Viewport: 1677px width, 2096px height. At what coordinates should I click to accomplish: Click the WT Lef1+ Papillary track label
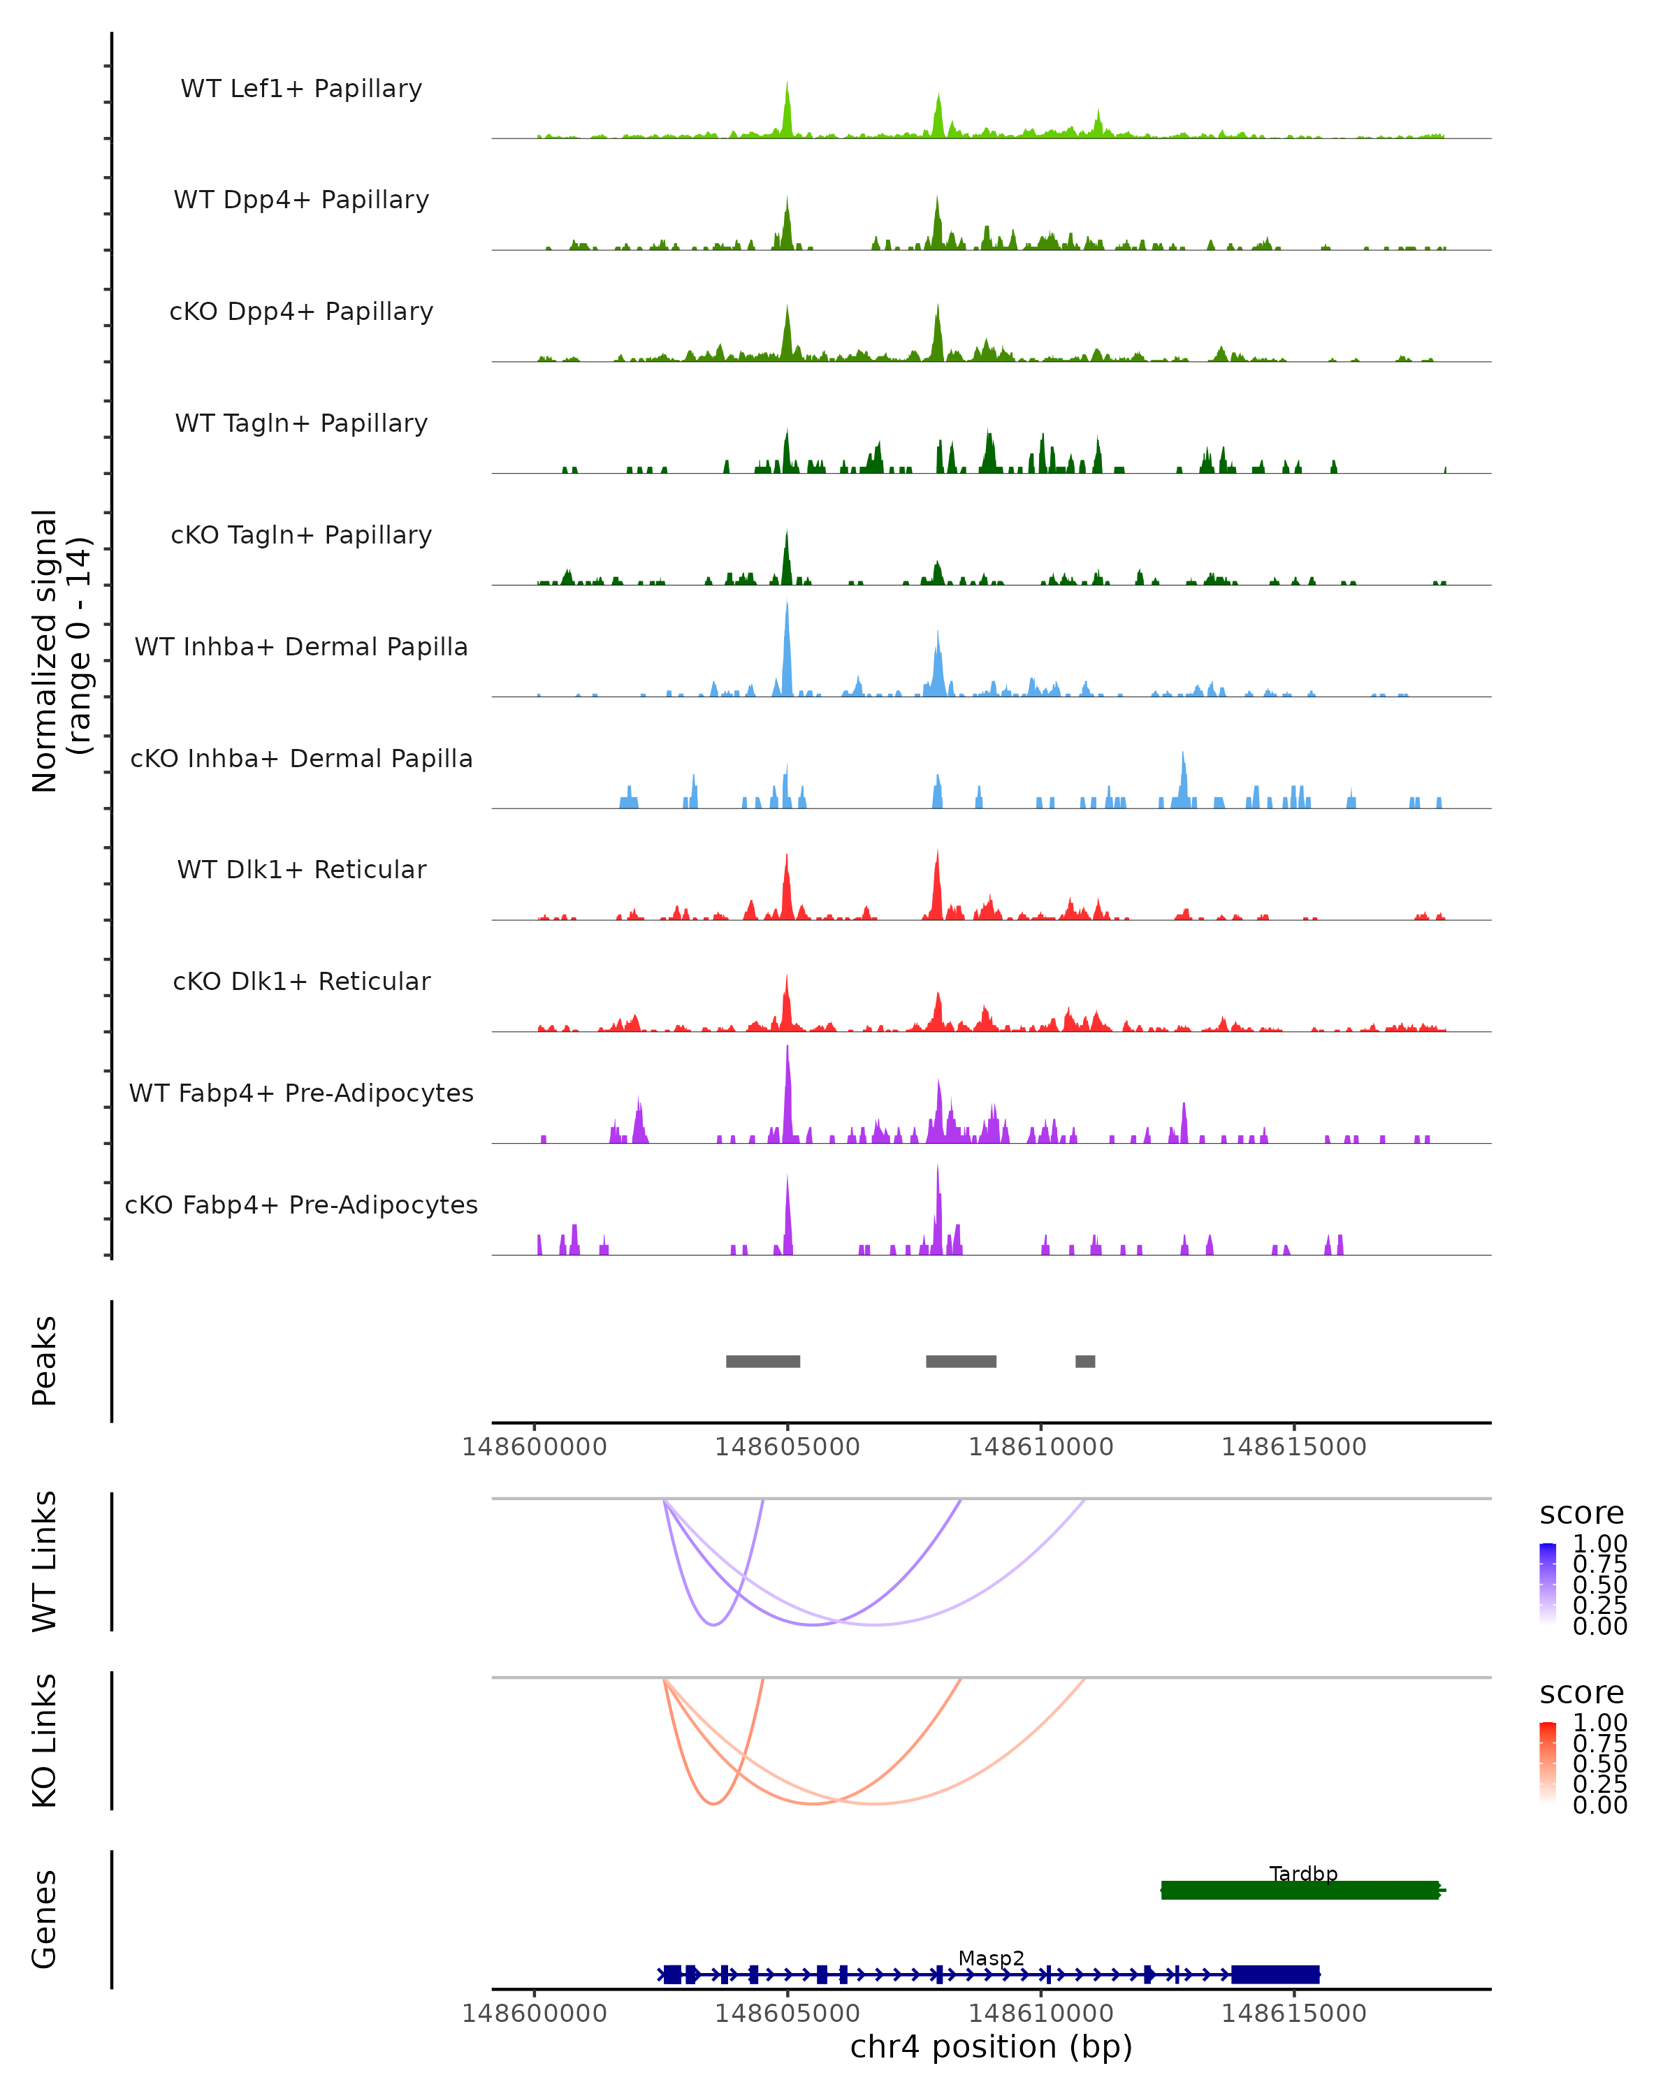pyautogui.click(x=301, y=89)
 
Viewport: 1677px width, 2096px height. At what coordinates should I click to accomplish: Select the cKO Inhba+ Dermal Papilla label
pyautogui.click(x=301, y=758)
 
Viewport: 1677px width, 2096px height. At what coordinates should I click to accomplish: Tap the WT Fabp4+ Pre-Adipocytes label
pyautogui.click(x=301, y=1093)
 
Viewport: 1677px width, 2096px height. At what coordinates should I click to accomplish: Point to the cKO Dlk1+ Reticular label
pyautogui.click(x=301, y=981)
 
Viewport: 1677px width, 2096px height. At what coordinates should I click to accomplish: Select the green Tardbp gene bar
pyautogui.click(x=1299, y=1890)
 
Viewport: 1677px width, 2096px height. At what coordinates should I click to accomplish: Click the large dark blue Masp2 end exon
pyautogui.click(x=1275, y=1974)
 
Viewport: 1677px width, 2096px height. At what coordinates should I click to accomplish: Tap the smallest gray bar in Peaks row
pyautogui.click(x=1085, y=1361)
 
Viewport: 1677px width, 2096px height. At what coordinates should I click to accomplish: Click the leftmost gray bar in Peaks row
pyautogui.click(x=762, y=1361)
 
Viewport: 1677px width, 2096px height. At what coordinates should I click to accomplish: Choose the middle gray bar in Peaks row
pyautogui.click(x=961, y=1361)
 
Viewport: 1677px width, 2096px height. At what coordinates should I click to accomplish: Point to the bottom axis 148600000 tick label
pyautogui.click(x=534, y=2014)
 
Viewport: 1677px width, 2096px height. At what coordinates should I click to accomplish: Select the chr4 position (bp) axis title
pyautogui.click(x=991, y=2047)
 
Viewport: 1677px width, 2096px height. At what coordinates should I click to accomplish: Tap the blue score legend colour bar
pyautogui.click(x=1548, y=1584)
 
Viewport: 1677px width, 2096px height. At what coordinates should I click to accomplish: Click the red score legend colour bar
pyautogui.click(x=1548, y=1763)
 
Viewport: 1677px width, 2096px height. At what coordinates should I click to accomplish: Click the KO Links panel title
pyautogui.click(x=45, y=1741)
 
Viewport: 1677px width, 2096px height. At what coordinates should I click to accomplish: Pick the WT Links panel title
pyautogui.click(x=45, y=1562)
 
